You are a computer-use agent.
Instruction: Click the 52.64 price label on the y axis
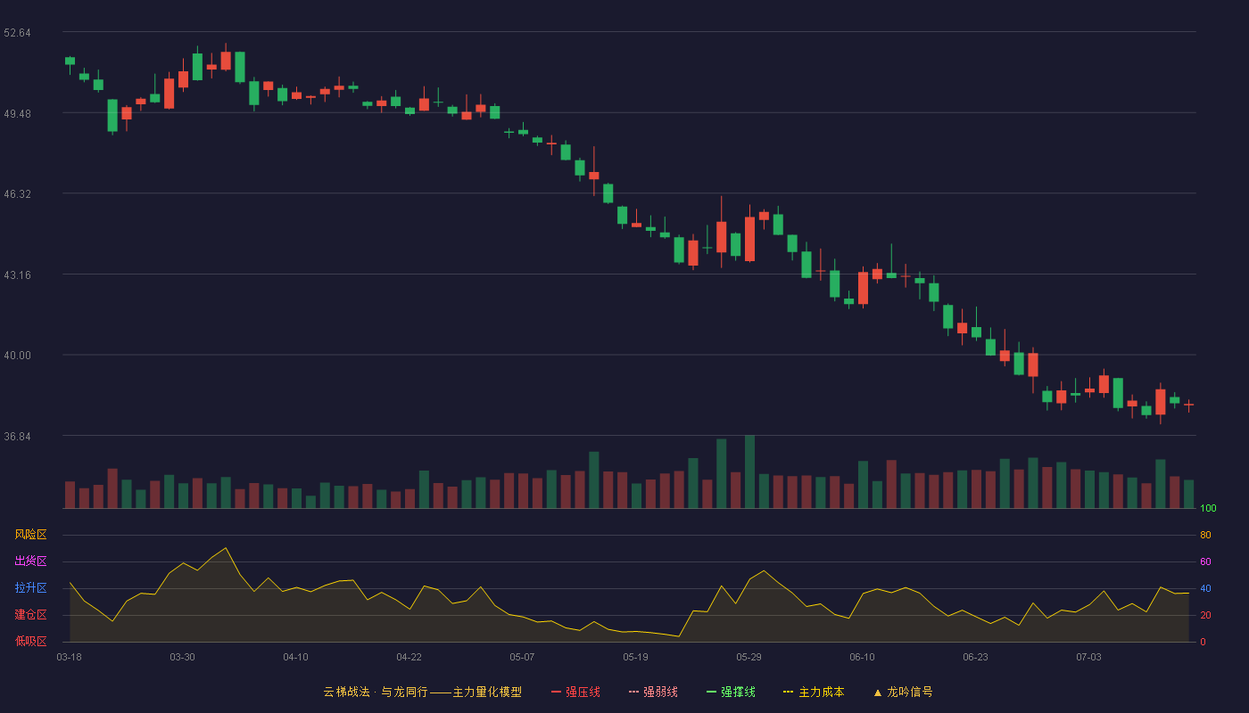coord(17,33)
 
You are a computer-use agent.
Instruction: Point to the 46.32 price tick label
coord(17,194)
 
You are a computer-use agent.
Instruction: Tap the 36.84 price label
coord(17,436)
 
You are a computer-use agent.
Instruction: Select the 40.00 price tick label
coord(17,356)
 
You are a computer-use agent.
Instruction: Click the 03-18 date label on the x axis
coord(70,657)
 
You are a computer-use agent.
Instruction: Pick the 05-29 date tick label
coord(749,657)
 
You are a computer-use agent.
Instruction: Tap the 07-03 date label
coord(1088,657)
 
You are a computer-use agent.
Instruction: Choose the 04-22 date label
coord(409,657)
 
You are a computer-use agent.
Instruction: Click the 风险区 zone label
coord(30,535)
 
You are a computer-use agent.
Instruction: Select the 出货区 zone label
coord(30,561)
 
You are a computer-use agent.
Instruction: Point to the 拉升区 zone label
coord(30,587)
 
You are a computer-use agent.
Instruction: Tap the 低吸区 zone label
coord(30,641)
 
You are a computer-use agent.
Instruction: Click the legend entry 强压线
coord(575,692)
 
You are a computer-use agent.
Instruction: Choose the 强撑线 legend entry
coord(731,692)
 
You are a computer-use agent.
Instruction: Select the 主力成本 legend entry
coord(814,692)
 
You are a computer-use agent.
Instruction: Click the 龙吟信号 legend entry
coord(903,692)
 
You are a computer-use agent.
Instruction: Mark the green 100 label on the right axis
coord(1208,508)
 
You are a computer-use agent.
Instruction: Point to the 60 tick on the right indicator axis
coord(1205,561)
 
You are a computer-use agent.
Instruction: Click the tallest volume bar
coord(749,471)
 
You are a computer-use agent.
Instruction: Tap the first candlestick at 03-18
coord(70,61)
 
